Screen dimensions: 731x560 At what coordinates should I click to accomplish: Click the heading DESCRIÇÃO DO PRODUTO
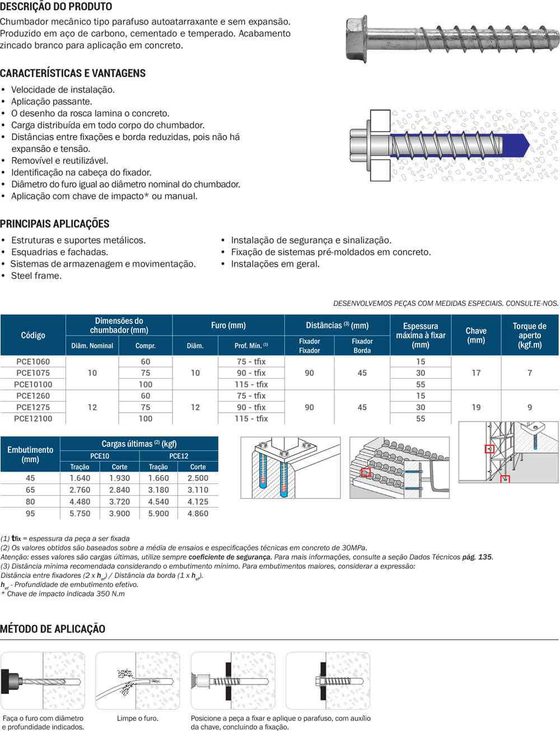pyautogui.click(x=56, y=7)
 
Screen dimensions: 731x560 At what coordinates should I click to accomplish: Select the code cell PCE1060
pyautogui.click(x=33, y=361)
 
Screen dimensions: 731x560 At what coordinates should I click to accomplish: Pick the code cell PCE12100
pyautogui.click(x=33, y=418)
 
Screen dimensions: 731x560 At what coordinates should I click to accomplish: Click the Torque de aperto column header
pyautogui.click(x=529, y=335)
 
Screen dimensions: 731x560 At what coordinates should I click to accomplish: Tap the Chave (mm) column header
pyautogui.click(x=475, y=335)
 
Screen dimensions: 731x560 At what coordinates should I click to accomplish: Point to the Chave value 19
pyautogui.click(x=475, y=407)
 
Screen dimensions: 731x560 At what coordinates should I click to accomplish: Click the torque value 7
pyautogui.click(x=529, y=373)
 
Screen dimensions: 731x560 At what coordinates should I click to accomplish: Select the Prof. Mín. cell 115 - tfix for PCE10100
pyautogui.click(x=252, y=384)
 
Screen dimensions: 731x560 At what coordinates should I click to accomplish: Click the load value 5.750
pyautogui.click(x=80, y=513)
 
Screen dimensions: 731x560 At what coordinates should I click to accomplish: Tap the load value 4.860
pyautogui.click(x=198, y=513)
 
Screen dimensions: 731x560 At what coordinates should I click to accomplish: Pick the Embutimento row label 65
pyautogui.click(x=30, y=490)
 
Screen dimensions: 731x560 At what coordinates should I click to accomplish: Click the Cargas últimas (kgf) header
pyautogui.click(x=139, y=444)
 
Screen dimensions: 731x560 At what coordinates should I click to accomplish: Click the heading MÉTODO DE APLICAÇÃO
pyautogui.click(x=53, y=628)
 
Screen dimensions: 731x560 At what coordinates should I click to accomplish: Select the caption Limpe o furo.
pyautogui.click(x=138, y=718)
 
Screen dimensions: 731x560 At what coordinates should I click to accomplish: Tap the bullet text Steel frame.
pyautogui.click(x=36, y=276)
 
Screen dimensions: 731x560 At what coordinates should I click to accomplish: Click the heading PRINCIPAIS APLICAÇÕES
pyautogui.click(x=55, y=224)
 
